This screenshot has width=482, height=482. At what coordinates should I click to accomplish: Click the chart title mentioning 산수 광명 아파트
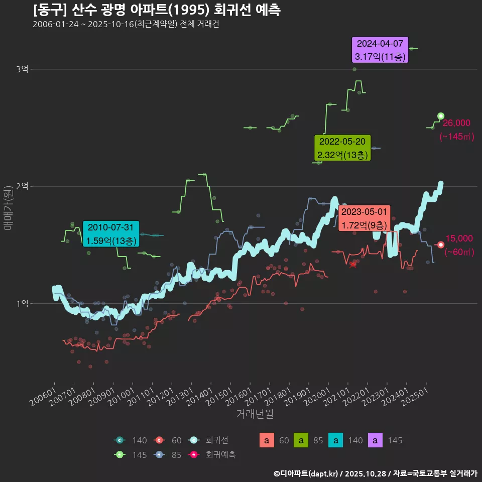click(157, 10)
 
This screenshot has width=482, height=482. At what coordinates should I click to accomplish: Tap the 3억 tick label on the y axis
click(22, 69)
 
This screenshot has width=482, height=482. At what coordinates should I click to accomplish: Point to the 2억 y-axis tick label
click(22, 186)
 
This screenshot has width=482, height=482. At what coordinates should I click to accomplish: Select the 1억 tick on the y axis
click(22, 303)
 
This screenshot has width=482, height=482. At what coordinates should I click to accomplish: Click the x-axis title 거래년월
click(255, 414)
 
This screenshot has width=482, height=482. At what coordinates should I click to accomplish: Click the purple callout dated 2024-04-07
click(380, 50)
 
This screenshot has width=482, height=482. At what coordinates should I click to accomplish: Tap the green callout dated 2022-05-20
click(342, 148)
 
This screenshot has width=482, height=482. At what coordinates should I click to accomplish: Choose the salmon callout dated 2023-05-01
click(364, 218)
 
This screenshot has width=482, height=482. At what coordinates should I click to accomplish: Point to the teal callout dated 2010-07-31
click(111, 234)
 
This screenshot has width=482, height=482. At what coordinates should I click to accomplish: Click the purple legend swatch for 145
click(376, 441)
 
